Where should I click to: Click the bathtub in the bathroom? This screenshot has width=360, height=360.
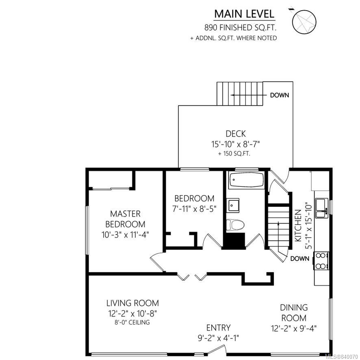(247, 180)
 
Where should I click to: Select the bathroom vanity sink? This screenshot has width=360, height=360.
(233, 206)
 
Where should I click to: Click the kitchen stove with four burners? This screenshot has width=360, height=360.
(321, 261)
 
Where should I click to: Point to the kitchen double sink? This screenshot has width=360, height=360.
(322, 208)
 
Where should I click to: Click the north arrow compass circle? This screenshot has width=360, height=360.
(304, 22)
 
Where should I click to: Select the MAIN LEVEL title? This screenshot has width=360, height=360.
(244, 14)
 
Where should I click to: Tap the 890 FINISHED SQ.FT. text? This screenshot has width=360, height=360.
(240, 28)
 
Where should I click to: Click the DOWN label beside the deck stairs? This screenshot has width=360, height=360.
(280, 95)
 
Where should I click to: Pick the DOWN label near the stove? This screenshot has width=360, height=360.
(299, 258)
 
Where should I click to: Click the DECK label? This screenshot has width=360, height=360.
(236, 134)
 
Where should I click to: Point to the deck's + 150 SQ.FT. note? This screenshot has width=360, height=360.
(234, 154)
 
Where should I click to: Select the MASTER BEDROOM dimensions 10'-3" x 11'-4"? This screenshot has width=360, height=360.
(125, 235)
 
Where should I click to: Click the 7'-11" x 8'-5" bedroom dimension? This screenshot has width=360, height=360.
(194, 209)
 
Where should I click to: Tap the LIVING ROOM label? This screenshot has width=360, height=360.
(132, 303)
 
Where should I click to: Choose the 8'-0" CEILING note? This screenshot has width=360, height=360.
(132, 322)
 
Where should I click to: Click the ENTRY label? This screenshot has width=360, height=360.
(218, 327)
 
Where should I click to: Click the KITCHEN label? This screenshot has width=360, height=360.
(298, 226)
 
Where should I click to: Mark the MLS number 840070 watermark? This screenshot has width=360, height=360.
(341, 357)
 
